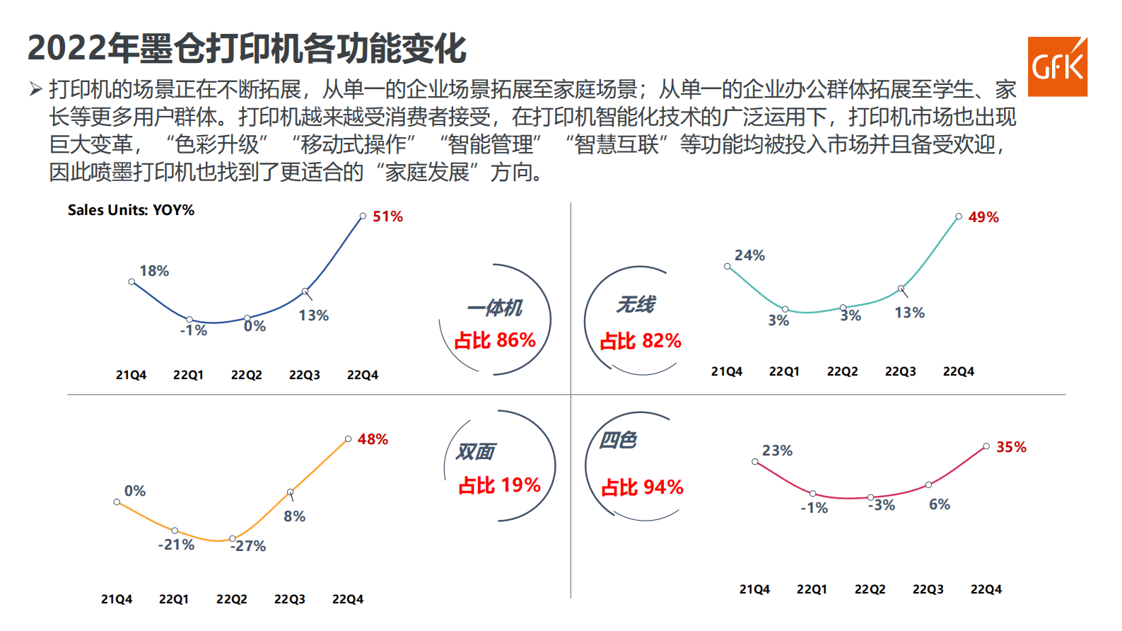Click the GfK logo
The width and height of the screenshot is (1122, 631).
[1057, 66]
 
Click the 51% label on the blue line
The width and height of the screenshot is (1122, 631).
[387, 216]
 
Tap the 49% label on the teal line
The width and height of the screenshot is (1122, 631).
[983, 217]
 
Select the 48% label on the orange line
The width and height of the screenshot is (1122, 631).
[373, 439]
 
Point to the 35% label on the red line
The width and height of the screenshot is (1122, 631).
[1011, 447]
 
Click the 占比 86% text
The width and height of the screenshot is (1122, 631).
[495, 340]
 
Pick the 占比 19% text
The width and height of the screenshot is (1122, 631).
[499, 485]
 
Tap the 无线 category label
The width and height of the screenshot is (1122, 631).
[635, 305]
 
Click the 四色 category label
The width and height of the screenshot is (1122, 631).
[618, 441]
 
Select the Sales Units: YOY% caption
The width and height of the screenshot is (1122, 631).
[131, 210]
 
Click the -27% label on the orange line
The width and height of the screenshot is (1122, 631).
[248, 546]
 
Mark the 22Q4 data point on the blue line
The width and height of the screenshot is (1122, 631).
[363, 216]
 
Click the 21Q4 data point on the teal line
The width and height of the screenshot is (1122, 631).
[727, 267]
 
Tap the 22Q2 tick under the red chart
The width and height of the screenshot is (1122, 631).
[870, 589]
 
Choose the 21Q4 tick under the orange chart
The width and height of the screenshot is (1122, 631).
[117, 599]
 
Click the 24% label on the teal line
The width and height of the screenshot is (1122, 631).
[749, 255]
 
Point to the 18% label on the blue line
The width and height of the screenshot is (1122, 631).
[154, 271]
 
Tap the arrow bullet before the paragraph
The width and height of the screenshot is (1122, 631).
[35, 89]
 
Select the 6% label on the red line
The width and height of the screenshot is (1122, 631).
[939, 504]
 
